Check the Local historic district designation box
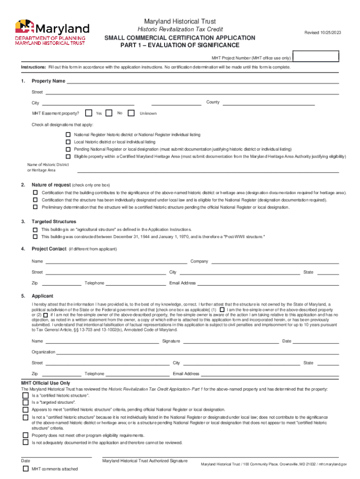click(x=68, y=142)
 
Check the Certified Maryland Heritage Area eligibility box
click(x=68, y=156)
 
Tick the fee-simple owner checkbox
click(x=221, y=310)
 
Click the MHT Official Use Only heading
click(x=45, y=383)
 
